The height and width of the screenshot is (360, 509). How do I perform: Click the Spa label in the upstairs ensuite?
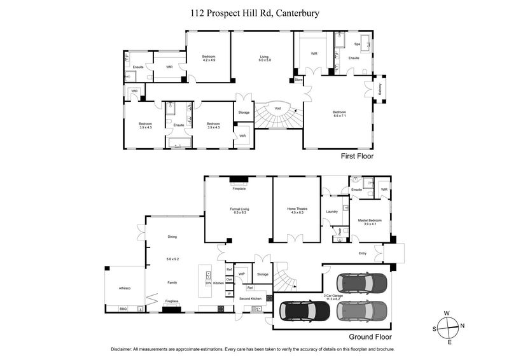point(357,44)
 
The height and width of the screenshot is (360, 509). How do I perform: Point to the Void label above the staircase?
point(277,109)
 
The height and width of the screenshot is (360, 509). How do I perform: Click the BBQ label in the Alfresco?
point(123,308)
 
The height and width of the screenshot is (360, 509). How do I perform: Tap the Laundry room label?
point(331,211)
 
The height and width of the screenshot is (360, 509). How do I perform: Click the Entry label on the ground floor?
point(363,253)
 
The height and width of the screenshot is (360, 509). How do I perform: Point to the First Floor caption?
point(358,155)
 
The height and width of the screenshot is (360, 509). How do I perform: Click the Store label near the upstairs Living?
point(298,80)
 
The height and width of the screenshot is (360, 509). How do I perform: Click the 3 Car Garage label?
point(334,296)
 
